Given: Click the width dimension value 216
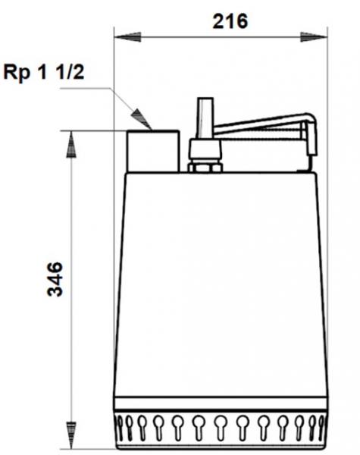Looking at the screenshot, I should [229, 21].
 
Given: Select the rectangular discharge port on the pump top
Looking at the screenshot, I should [153, 150].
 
